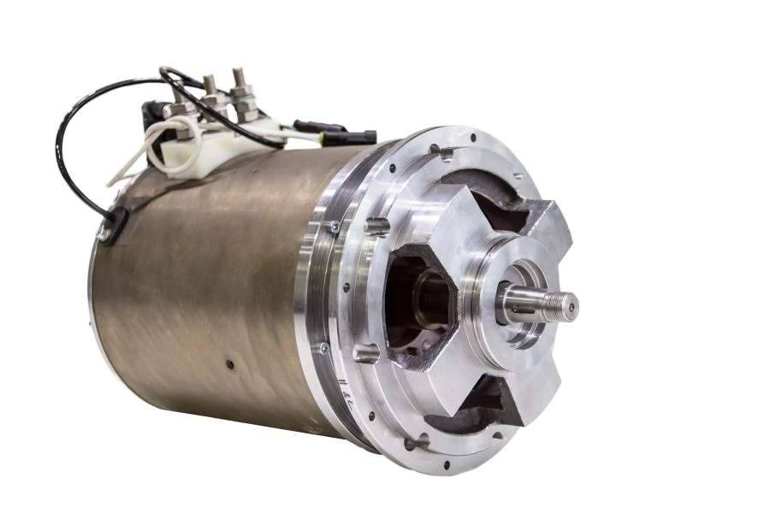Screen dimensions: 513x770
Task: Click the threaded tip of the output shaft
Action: (x=564, y=302)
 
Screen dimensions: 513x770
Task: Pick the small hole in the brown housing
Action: (x=230, y=365)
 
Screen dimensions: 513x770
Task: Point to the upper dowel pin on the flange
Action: (x=376, y=226)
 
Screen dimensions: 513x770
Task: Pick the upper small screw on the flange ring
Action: (x=333, y=226)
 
